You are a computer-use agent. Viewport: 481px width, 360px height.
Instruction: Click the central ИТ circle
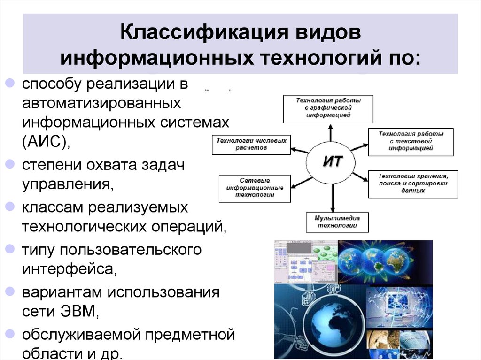click(x=332, y=163)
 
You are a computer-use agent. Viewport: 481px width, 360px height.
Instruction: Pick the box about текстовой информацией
click(x=411, y=141)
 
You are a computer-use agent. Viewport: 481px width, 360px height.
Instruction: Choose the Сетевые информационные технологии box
click(x=254, y=188)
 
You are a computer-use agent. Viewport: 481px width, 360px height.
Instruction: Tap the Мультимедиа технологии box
click(x=337, y=222)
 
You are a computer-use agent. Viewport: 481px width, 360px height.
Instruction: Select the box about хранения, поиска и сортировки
click(x=413, y=184)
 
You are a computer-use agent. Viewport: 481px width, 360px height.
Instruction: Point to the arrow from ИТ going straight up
click(x=330, y=133)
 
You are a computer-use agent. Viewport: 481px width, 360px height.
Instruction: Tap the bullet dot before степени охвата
click(x=9, y=165)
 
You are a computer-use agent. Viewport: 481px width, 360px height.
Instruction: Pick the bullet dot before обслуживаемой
click(x=9, y=334)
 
